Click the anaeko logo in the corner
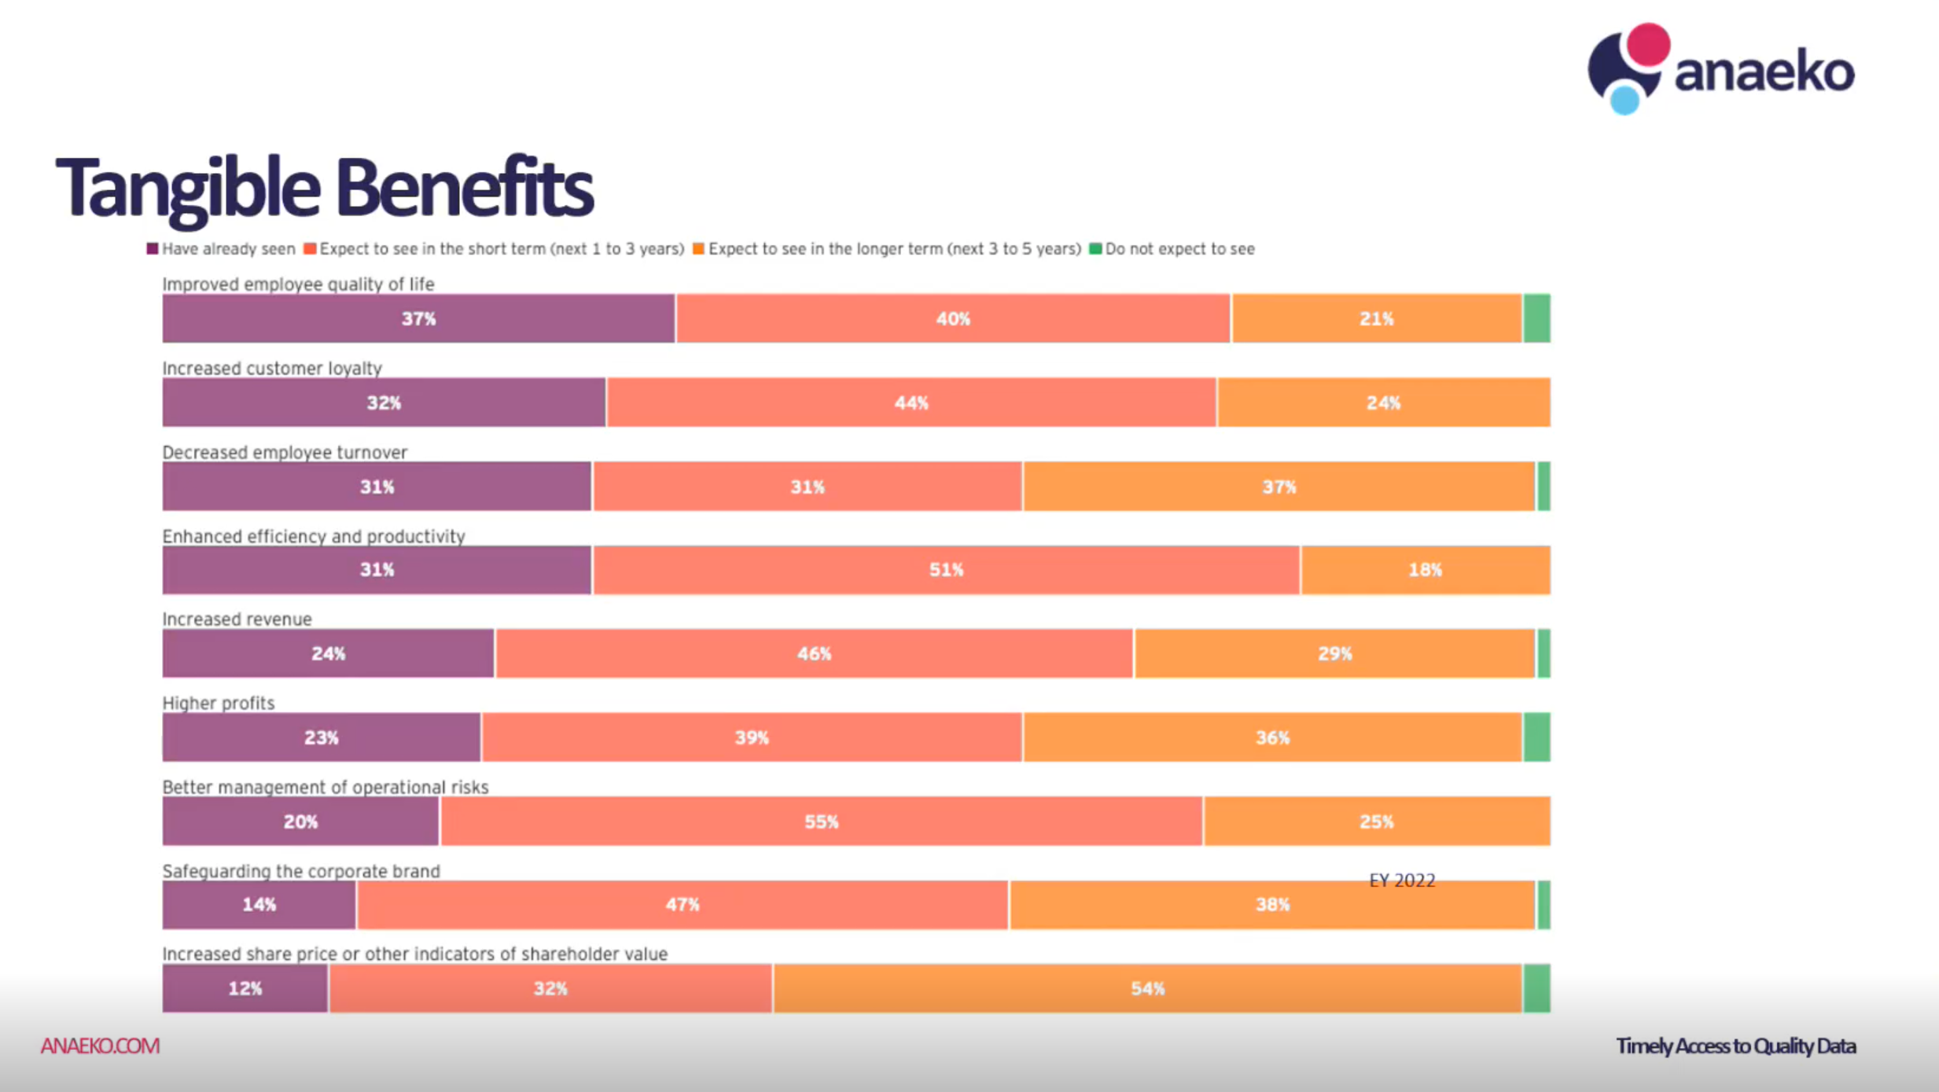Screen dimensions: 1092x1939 click(1720, 69)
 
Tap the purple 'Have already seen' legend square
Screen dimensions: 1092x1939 click(153, 248)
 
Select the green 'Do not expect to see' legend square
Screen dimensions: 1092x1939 click(1095, 248)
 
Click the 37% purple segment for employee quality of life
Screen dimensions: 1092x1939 click(418, 318)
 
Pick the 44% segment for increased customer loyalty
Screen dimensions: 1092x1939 click(911, 403)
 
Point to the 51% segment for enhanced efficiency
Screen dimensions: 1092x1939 click(946, 570)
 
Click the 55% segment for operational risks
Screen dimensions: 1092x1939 click(821, 822)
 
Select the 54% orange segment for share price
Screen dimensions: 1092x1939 click(1147, 988)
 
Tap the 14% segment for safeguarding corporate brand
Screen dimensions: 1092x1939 click(259, 905)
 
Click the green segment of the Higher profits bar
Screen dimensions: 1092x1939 click(1536, 737)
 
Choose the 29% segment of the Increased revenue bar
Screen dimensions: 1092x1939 click(1334, 653)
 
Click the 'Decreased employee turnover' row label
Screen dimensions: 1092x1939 click(285, 452)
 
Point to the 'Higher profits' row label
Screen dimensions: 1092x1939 click(218, 703)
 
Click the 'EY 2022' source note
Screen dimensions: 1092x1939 click(1402, 881)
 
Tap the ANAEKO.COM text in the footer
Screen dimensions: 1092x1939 click(100, 1046)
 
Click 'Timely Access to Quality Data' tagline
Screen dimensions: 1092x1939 click(1735, 1046)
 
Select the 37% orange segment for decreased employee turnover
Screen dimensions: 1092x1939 click(1279, 487)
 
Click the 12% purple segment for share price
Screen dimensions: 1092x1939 click(245, 988)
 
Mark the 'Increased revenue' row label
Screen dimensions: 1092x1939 click(237, 619)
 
